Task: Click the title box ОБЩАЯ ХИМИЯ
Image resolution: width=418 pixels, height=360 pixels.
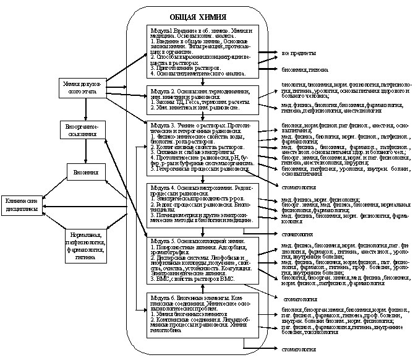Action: point(198,17)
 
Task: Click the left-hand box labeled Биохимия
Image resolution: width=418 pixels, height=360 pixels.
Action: point(85,173)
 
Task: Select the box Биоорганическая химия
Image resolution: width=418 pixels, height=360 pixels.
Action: point(85,130)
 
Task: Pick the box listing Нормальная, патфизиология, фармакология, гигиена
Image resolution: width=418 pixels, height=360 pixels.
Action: point(85,244)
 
